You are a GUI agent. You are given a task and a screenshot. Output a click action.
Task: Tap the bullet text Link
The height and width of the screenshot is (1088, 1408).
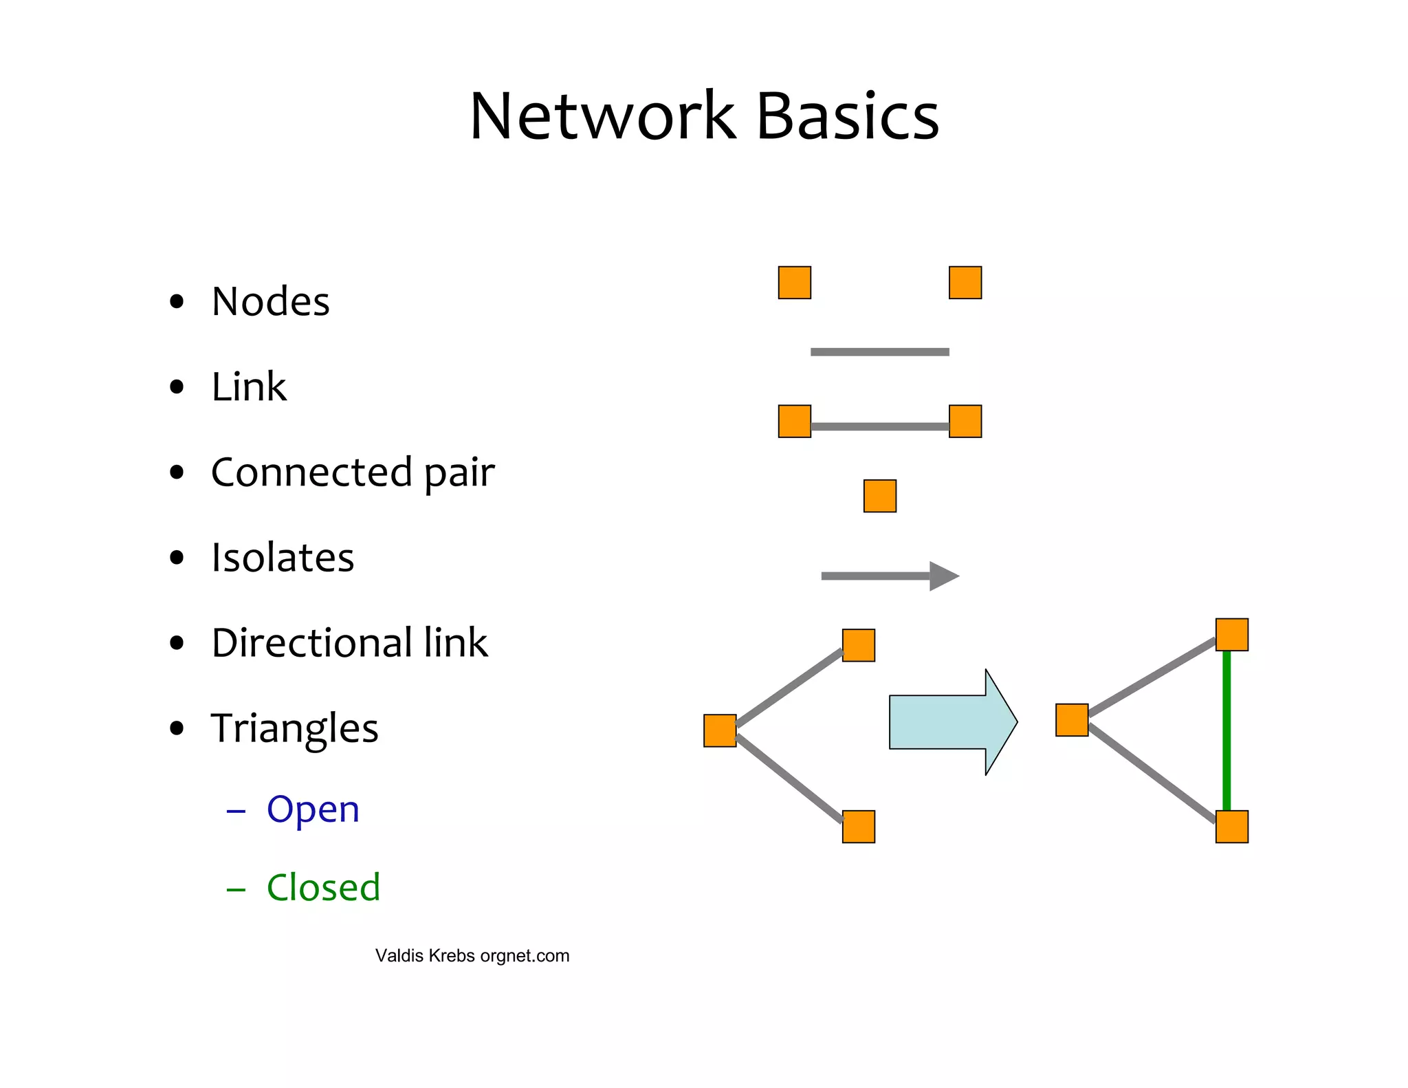pos(248,387)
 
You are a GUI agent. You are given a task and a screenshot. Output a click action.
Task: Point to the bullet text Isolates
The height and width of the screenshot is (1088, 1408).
pos(283,557)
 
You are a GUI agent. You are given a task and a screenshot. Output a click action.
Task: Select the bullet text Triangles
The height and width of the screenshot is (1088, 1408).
pos(294,728)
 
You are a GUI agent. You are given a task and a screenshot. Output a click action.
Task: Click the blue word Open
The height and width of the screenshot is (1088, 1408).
pos(313,809)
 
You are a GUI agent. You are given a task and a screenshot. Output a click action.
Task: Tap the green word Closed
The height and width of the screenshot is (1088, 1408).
pos(323,887)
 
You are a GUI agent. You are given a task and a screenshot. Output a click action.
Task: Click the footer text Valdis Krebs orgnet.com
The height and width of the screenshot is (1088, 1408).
pos(472,956)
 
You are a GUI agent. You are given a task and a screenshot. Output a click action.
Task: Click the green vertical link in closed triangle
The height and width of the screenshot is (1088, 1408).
pos(1226,730)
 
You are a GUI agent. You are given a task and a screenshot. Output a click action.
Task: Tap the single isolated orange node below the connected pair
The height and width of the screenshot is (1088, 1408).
pos(880,496)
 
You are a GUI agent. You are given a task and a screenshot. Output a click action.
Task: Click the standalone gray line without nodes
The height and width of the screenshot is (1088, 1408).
pos(880,352)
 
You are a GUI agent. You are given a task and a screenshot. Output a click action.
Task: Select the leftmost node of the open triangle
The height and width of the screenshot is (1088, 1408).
pos(720,730)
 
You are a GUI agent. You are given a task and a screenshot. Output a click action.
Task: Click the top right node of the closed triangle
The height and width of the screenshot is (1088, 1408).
pos(1232,634)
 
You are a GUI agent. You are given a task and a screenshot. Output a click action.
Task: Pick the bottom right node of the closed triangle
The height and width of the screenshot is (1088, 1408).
pos(1232,827)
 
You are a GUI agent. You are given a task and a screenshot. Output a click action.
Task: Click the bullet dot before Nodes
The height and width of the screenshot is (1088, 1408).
pos(177,301)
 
